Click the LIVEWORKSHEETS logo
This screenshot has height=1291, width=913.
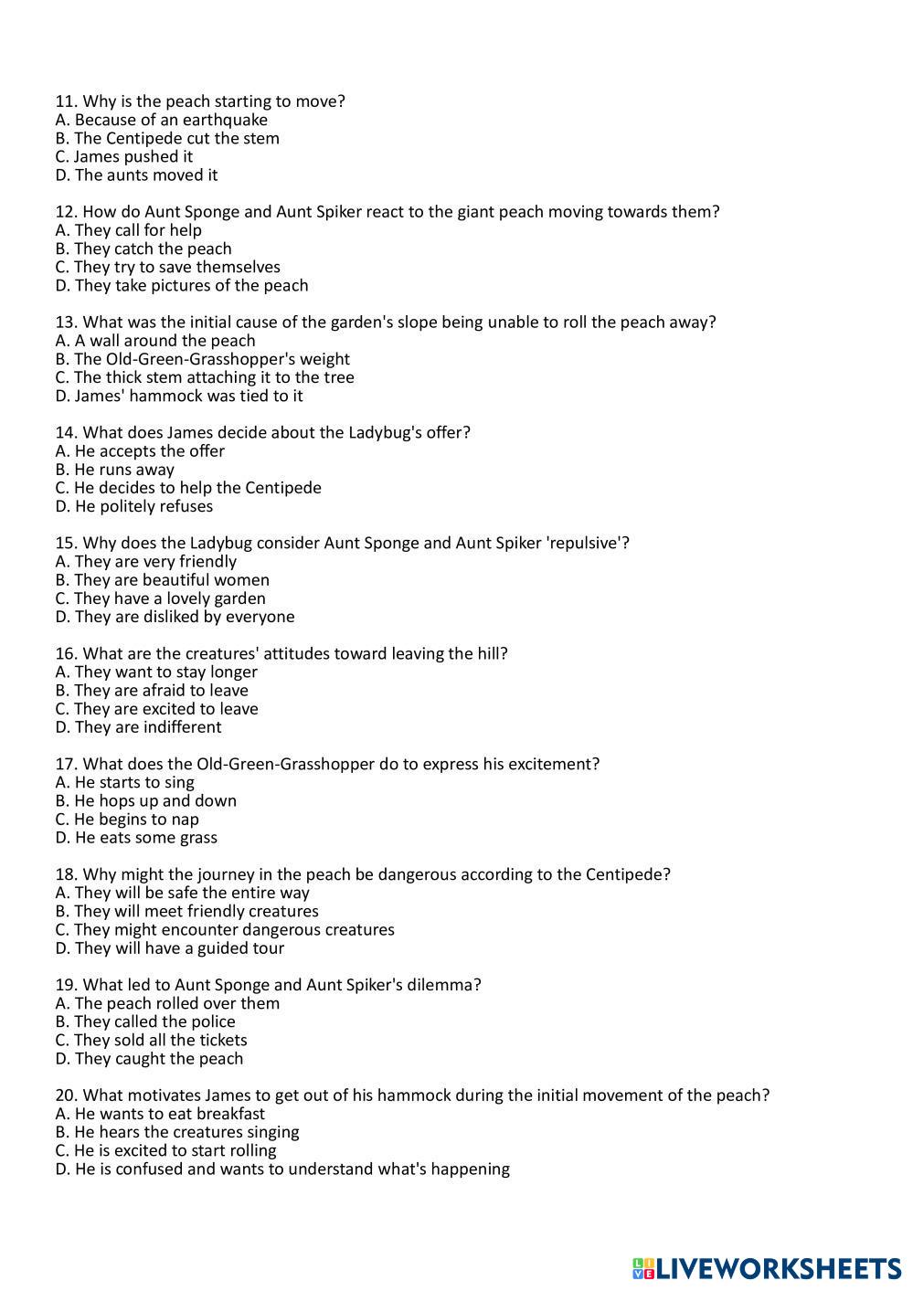click(x=766, y=1268)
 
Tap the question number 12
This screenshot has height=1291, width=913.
click(x=66, y=212)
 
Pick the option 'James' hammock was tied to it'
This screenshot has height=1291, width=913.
click(x=179, y=396)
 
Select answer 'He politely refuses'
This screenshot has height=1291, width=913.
click(x=134, y=506)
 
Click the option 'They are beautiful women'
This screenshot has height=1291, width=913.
click(x=163, y=580)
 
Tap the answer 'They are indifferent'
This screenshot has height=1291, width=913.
click(x=138, y=727)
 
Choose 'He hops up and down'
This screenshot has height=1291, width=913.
click(x=146, y=800)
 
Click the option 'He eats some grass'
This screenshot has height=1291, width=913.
click(x=136, y=838)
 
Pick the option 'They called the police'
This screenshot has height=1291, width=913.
click(x=145, y=1021)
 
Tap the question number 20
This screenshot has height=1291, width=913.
click(x=66, y=1095)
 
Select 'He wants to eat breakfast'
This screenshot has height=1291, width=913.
click(x=160, y=1114)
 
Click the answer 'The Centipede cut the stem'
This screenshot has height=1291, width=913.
click(x=167, y=138)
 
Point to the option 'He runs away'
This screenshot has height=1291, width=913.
click(x=115, y=470)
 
